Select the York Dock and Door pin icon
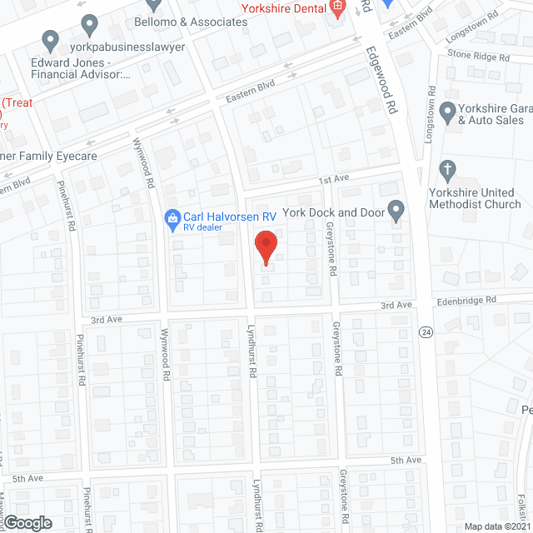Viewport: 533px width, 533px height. [396, 212]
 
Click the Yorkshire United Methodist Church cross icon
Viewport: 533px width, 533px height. [448, 170]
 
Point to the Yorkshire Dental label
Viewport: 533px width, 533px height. [283, 8]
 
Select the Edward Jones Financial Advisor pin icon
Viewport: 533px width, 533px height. [51, 39]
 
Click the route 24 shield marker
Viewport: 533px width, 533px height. [426, 332]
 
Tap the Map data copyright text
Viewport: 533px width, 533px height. [497, 526]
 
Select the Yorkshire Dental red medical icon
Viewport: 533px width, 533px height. [337, 9]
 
